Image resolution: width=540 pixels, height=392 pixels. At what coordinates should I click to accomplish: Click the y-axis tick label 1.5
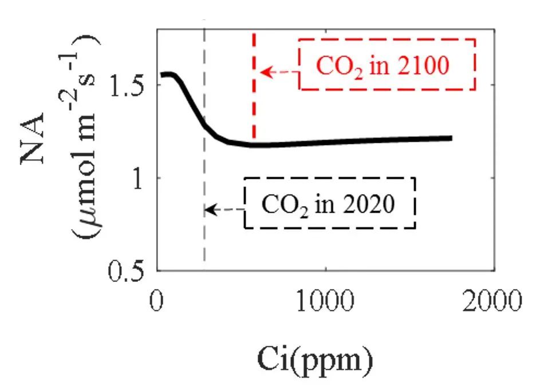tap(130, 85)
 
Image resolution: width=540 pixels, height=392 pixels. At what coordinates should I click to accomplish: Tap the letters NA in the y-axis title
tap(36, 146)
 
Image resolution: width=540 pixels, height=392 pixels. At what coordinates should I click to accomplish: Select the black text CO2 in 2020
tap(328, 205)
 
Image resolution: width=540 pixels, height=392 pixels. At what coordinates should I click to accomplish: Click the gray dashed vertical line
tap(204, 241)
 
